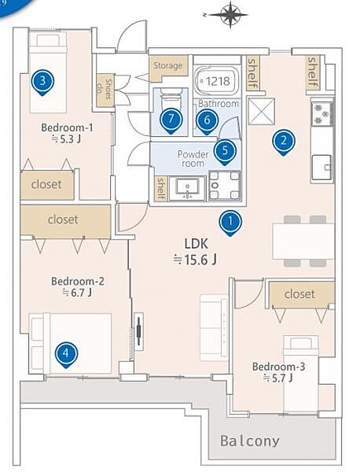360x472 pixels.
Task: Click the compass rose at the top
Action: tap(230, 14)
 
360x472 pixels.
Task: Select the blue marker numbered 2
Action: tap(284, 142)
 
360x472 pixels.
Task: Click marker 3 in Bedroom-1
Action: tap(42, 82)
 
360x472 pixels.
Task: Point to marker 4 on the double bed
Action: tap(66, 354)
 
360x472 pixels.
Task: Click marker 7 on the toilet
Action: tap(171, 120)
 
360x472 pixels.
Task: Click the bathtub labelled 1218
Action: tap(217, 80)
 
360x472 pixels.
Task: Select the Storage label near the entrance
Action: tap(168, 65)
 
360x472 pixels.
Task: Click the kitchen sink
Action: tap(321, 167)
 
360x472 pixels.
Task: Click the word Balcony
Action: tap(250, 441)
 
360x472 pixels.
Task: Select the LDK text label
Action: tap(196, 243)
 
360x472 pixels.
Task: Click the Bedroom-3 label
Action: tap(278, 367)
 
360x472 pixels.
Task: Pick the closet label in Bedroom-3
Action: tap(299, 294)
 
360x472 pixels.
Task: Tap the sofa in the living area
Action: tap(214, 327)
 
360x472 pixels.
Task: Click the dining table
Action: tap(303, 242)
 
